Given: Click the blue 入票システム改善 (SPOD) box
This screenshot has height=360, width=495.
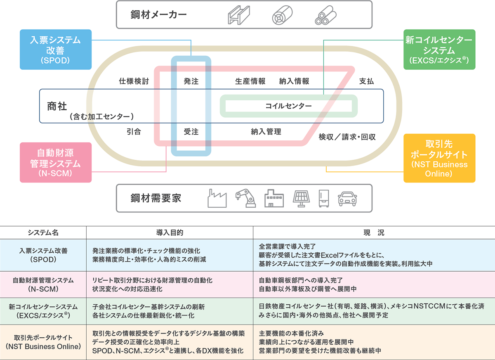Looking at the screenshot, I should point(55,49).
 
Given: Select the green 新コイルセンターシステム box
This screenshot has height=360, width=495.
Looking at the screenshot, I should point(439,49).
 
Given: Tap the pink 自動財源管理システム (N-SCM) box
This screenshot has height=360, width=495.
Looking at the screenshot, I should point(55,162).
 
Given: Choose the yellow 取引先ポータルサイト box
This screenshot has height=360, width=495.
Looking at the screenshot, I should point(439,158).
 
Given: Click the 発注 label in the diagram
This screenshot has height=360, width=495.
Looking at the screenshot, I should point(191,81).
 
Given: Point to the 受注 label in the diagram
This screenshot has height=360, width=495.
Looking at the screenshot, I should point(191,132).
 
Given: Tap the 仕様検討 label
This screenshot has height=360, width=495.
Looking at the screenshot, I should point(134,81).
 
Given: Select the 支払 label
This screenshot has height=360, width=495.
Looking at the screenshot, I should point(366,81).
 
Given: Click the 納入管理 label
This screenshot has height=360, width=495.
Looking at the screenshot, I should point(266,132).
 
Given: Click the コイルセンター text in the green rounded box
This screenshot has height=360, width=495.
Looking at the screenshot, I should point(288,106).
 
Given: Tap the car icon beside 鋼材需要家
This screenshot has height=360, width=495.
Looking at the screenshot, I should point(347,198).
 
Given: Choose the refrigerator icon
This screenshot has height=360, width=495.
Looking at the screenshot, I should point(324,198).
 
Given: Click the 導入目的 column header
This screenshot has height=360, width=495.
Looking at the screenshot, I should point(170,233).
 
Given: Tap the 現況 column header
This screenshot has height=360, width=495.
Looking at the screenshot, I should point(374,233).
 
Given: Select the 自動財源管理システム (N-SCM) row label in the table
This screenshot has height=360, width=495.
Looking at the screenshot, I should point(43,284).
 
